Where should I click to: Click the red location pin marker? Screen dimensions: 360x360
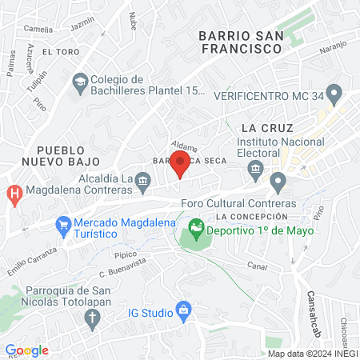pyautogui.click(x=181, y=163)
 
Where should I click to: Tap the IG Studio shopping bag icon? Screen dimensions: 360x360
pyautogui.click(x=184, y=307)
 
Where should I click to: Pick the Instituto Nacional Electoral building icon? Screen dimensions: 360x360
pyautogui.click(x=256, y=169)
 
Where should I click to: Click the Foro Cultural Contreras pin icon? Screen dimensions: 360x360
pyautogui.click(x=278, y=183)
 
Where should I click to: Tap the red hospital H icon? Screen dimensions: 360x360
pyautogui.click(x=14, y=193)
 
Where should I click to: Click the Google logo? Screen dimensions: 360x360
pyautogui.click(x=26, y=350)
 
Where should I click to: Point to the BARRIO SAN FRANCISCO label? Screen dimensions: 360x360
pyautogui.click(x=241, y=42)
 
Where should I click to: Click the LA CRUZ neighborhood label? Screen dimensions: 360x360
pyautogui.click(x=267, y=128)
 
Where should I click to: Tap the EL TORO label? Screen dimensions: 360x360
pyautogui.click(x=60, y=51)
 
